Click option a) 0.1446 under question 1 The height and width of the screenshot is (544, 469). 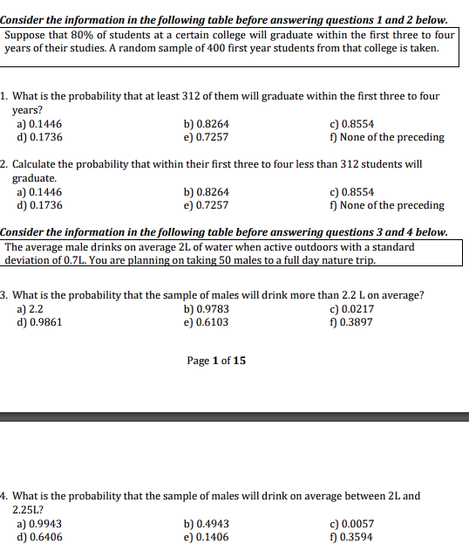click(39, 124)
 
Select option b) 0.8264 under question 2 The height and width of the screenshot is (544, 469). click(207, 192)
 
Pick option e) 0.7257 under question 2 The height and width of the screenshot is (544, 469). click(207, 205)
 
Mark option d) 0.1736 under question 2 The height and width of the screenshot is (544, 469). click(39, 205)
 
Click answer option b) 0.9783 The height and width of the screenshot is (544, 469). click(207, 308)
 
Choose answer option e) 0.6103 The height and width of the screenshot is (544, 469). click(207, 321)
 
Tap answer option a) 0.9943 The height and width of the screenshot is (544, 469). click(39, 524)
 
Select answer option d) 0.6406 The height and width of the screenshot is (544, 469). click(39, 537)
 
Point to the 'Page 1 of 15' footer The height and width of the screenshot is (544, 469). click(216, 360)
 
